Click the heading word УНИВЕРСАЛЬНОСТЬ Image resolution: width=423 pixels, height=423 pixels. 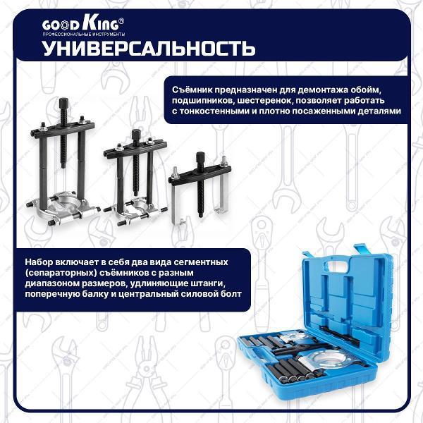pyautogui.click(x=149, y=49)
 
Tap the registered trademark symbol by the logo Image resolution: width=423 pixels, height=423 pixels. pyautogui.click(x=122, y=20)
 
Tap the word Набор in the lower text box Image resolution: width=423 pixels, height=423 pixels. pyautogui.click(x=39, y=262)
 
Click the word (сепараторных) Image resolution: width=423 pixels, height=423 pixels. pyautogui.click(x=61, y=273)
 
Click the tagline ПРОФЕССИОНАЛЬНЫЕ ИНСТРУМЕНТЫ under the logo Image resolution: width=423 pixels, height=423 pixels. pyautogui.click(x=84, y=35)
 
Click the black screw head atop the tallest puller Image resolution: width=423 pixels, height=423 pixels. pyautogui.click(x=64, y=103)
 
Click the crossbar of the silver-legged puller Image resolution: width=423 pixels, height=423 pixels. pyautogui.click(x=200, y=176)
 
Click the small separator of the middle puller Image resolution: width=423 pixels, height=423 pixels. pyautogui.click(x=135, y=211)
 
